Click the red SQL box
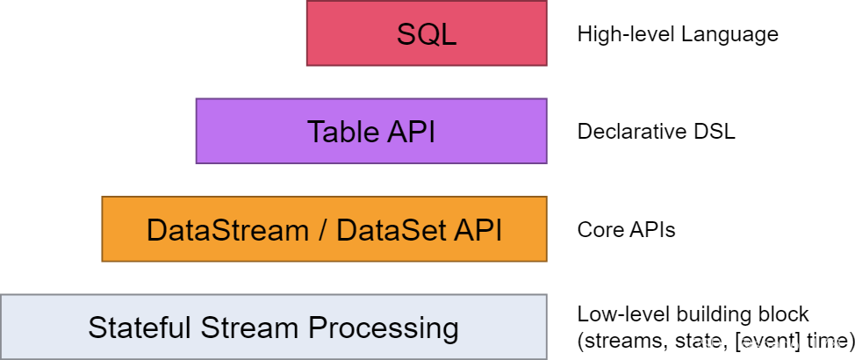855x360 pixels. pyautogui.click(x=427, y=33)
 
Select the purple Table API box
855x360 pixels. pyautogui.click(x=371, y=131)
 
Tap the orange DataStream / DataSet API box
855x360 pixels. pyautogui.click(x=324, y=229)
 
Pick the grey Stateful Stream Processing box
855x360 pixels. pyautogui.click(x=273, y=327)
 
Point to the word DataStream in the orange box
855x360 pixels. pyautogui.click(x=227, y=230)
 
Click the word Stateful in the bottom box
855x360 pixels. pyautogui.click(x=140, y=328)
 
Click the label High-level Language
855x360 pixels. pyautogui.click(x=678, y=35)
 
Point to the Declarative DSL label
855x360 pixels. pyautogui.click(x=657, y=132)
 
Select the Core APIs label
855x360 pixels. pyautogui.click(x=627, y=230)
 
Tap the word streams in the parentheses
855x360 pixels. pyautogui.click(x=615, y=341)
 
